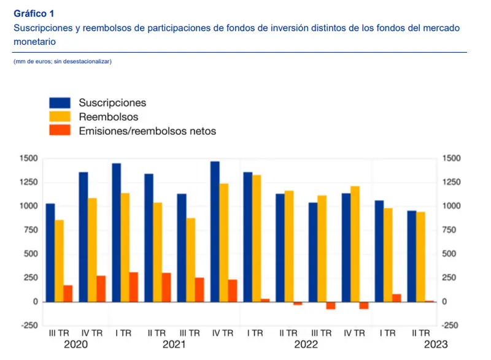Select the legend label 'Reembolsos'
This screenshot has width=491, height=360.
(x=109, y=117)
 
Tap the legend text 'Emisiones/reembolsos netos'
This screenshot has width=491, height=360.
(x=147, y=131)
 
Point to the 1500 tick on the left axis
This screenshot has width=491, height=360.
(x=28, y=159)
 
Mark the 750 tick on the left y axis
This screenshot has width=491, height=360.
(x=30, y=230)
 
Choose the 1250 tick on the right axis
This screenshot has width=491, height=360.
(x=451, y=183)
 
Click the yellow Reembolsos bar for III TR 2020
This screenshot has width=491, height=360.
(x=59, y=261)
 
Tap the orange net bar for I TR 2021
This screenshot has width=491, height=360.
(x=133, y=287)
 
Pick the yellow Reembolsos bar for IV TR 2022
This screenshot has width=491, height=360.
(x=355, y=243)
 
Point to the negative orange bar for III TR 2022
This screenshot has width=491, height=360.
(x=331, y=305)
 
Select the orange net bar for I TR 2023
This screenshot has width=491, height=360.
(x=396, y=298)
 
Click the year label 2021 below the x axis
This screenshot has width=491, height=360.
(x=174, y=345)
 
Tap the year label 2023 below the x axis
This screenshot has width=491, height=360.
(x=435, y=345)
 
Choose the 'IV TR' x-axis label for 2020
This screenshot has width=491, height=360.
(x=92, y=334)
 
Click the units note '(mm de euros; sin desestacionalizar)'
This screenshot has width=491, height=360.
(x=63, y=61)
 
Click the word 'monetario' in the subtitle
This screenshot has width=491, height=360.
(x=34, y=42)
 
